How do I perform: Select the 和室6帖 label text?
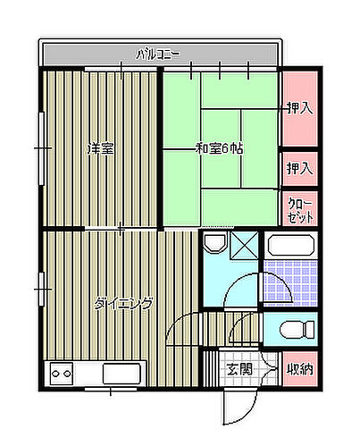(x=218, y=147)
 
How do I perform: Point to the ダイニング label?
(x=122, y=303)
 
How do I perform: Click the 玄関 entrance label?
(x=238, y=368)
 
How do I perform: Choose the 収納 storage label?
(x=299, y=368)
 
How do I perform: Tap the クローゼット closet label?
(x=299, y=211)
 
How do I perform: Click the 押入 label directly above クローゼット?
(x=299, y=167)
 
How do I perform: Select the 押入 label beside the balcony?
(x=299, y=108)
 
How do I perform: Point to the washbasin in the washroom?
(x=214, y=243)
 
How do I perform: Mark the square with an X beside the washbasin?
(x=246, y=245)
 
